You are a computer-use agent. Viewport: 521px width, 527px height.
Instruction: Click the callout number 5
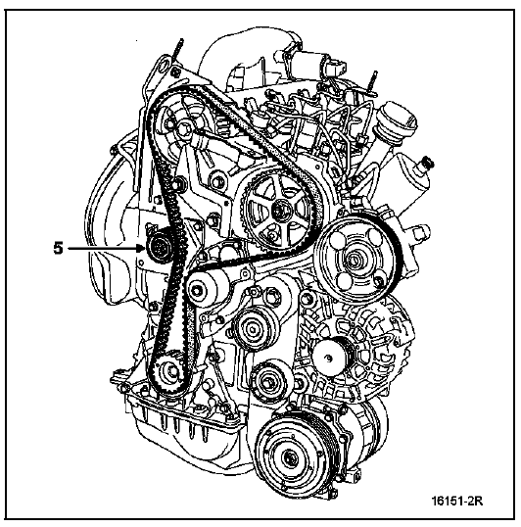coord(58,249)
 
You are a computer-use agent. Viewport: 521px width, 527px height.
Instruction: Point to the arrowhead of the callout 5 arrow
coord(141,249)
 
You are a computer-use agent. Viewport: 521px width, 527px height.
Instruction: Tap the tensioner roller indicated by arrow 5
coord(160,249)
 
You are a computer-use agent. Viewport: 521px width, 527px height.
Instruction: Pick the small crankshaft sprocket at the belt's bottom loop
coord(170,371)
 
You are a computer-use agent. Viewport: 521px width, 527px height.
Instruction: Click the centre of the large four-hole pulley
coord(355,260)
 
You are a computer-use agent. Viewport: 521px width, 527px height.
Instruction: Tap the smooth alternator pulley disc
coord(328,358)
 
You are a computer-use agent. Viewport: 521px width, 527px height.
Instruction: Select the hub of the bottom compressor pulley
coord(288,458)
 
